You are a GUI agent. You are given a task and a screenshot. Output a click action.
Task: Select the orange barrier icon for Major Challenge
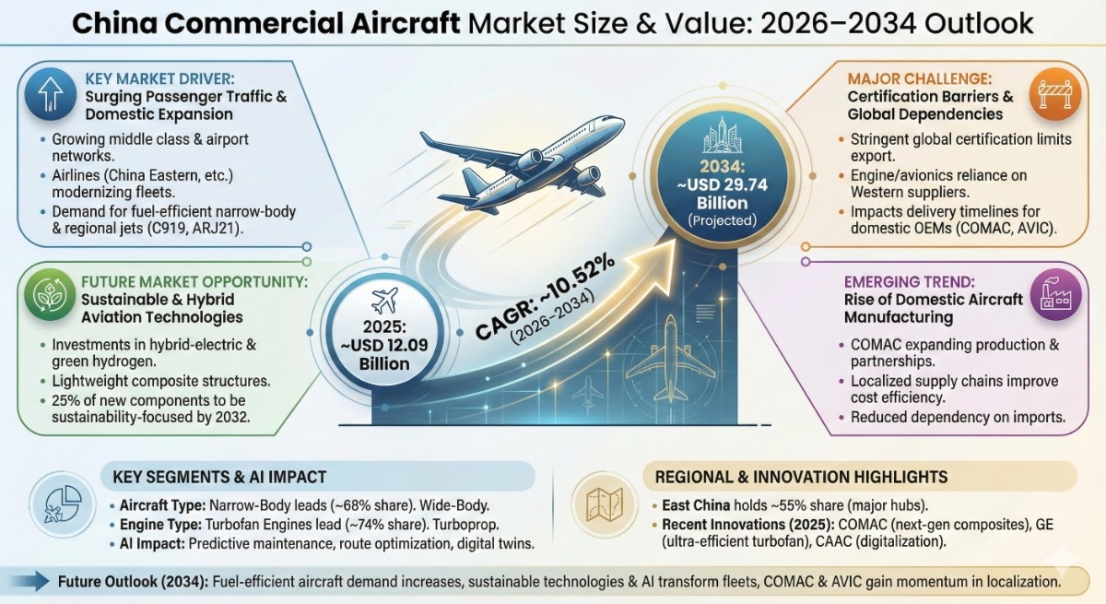(1052, 93)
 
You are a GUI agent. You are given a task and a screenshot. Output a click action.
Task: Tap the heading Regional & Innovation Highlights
(801, 477)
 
